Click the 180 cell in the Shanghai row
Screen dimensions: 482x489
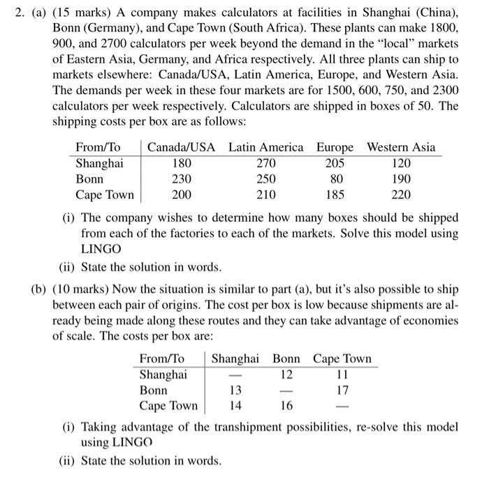182,163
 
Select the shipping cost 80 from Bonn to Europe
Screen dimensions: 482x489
335,179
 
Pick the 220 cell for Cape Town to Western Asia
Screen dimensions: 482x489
401,195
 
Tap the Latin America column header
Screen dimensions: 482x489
266,147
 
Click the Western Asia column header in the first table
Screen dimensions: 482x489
401,147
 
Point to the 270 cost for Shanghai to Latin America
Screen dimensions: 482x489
266,163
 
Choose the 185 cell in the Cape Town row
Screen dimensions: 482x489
335,195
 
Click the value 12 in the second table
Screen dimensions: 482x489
286,375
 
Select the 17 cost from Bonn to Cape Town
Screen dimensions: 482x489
342,391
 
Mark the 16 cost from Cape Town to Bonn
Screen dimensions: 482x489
286,406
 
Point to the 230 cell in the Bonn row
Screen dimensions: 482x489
182,179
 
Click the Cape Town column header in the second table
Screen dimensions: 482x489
342,359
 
